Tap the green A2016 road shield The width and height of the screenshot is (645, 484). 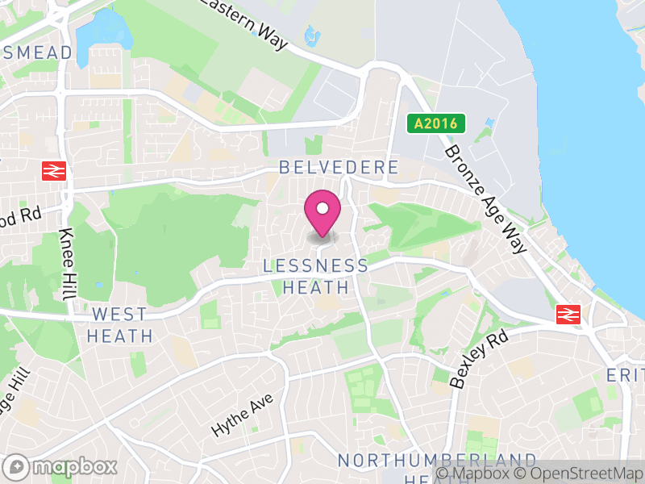pos(436,123)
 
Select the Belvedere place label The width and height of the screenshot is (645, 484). pos(339,168)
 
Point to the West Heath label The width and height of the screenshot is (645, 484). pos(119,325)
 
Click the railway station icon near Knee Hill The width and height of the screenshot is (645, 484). pos(54,170)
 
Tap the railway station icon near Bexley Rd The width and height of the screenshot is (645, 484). pos(569,315)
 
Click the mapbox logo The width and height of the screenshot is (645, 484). pos(61,466)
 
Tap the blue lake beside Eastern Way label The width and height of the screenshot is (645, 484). pos(310,35)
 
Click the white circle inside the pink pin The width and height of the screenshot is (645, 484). pos(322,209)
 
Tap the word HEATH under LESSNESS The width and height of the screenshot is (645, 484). pos(316,287)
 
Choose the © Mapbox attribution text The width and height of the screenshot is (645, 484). pos(479,474)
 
